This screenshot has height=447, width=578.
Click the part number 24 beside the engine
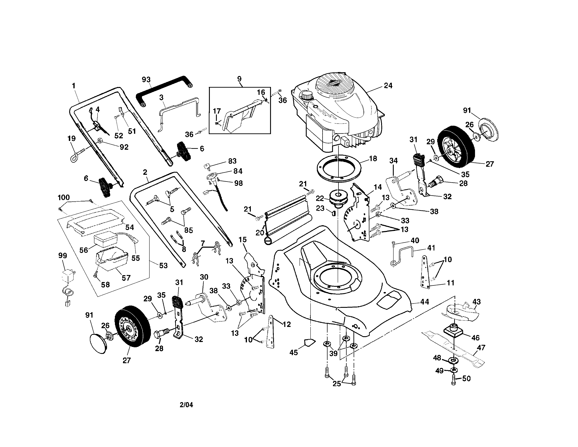coord(388,86)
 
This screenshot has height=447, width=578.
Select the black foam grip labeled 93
coord(164,91)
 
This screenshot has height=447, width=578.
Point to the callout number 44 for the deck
coord(425,302)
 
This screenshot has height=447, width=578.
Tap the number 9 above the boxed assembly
coord(239,79)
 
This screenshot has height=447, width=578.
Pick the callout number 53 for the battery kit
coord(163,265)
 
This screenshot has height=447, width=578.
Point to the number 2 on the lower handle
coord(145,172)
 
